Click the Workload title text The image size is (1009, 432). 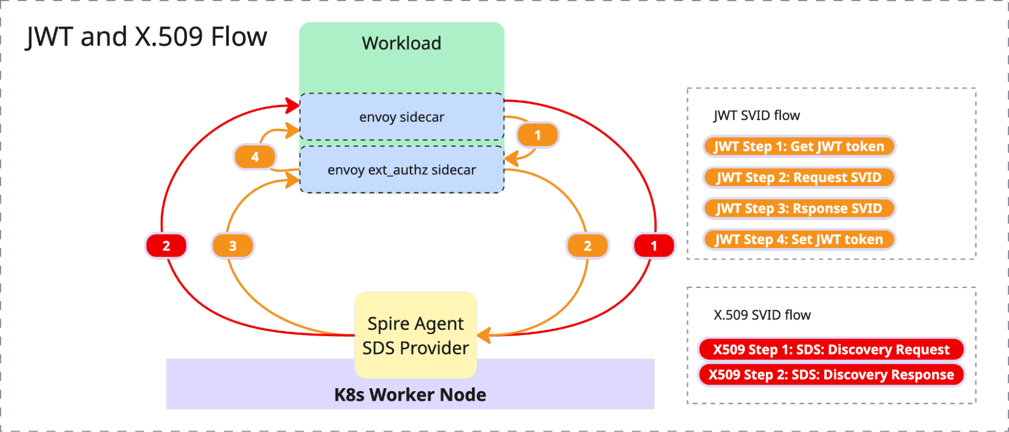(401, 43)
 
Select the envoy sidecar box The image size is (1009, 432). (402, 117)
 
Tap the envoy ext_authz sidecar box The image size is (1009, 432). (402, 170)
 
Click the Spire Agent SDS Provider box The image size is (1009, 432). (415, 335)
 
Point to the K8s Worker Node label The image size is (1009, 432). (410, 395)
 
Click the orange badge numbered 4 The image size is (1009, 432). (255, 157)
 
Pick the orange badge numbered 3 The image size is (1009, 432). (233, 245)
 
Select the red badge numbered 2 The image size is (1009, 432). (166, 245)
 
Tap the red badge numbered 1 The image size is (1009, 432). (654, 245)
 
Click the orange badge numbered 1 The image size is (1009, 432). (538, 135)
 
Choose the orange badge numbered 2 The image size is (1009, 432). (588, 245)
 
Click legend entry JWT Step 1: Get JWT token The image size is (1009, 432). (799, 147)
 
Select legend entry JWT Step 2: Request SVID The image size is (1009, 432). (799, 177)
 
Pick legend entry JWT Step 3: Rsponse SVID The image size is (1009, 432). (799, 209)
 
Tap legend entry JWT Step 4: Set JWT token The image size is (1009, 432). (799, 239)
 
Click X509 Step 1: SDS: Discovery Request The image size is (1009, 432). (831, 349)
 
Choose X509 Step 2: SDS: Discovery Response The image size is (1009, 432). (831, 375)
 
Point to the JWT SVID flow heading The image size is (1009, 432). (756, 115)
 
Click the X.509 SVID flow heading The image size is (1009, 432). (762, 315)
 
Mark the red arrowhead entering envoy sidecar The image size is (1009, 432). (293, 105)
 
